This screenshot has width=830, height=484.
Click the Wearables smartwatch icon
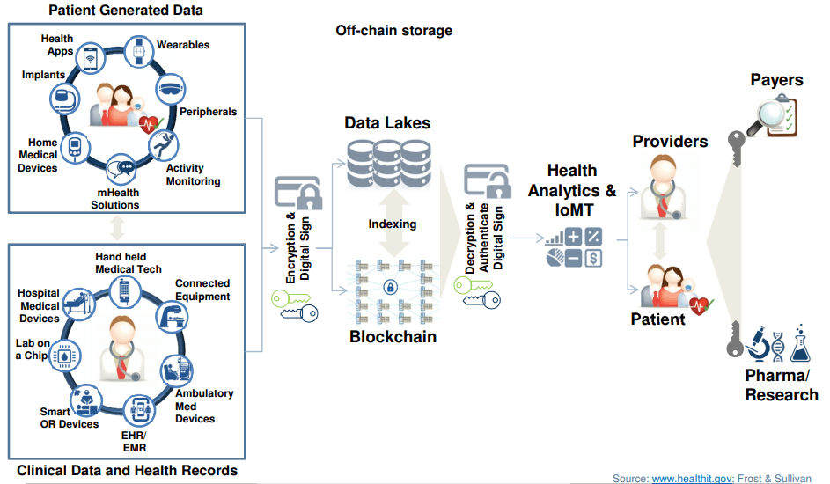(139, 51)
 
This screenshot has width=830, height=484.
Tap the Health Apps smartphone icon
(90, 58)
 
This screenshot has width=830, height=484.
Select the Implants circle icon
(64, 99)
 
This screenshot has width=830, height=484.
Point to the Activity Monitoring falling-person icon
(163, 145)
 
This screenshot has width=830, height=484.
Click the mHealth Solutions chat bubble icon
(121, 169)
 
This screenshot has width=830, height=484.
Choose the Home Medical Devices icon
(75, 148)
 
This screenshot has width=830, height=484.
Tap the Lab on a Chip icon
(64, 356)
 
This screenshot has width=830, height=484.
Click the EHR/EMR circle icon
(139, 410)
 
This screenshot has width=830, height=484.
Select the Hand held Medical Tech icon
(125, 291)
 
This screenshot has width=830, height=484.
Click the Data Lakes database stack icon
(389, 163)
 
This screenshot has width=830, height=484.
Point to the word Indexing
(393, 224)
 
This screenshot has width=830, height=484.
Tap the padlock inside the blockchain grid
(391, 287)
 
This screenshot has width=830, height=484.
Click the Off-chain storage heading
(393, 31)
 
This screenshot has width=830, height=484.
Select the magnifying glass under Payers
(767, 118)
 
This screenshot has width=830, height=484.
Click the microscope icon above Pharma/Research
(758, 344)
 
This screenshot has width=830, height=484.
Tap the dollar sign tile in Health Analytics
(593, 258)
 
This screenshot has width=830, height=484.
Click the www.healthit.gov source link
(693, 478)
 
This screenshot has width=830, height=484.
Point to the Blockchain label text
(393, 336)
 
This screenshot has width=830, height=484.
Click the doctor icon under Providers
(663, 187)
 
